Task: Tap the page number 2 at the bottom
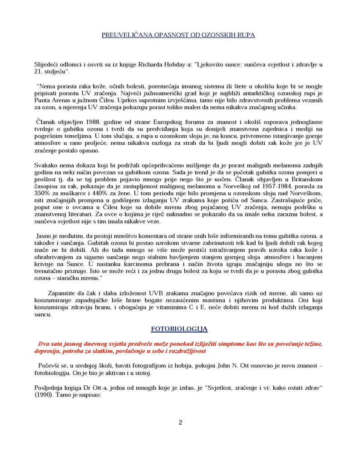[180, 422]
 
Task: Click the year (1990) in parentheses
[44, 395]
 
